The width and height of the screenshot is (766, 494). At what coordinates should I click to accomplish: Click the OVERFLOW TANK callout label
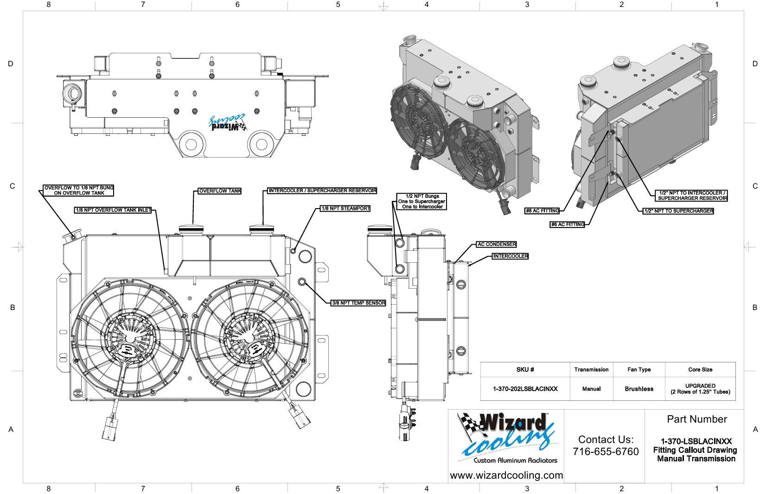click(x=220, y=191)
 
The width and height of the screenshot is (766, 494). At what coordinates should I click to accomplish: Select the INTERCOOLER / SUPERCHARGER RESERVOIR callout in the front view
click(x=322, y=190)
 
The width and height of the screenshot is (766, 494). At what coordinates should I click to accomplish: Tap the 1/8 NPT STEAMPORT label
click(x=345, y=209)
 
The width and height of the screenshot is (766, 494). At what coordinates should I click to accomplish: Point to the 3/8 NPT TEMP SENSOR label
click(x=358, y=303)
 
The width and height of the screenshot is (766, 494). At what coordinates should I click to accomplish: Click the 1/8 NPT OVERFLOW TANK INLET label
click(x=113, y=210)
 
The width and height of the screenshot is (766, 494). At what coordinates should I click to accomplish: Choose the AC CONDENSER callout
click(x=497, y=244)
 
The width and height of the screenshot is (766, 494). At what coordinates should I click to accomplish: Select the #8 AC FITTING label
click(x=542, y=211)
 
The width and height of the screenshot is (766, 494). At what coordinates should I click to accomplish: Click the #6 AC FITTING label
click(x=568, y=224)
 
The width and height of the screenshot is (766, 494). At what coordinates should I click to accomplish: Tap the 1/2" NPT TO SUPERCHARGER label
click(x=679, y=211)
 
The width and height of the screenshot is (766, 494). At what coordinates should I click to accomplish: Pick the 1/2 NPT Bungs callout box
click(x=422, y=202)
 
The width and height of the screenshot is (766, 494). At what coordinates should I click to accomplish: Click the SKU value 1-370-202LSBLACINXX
click(x=525, y=389)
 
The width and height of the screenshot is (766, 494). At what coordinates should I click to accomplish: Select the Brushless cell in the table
click(x=639, y=389)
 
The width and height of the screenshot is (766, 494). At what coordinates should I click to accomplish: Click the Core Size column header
click(x=700, y=369)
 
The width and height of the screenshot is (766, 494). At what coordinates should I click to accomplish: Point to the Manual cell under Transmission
click(x=591, y=389)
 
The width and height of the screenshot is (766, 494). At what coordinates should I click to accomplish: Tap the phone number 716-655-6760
click(x=606, y=451)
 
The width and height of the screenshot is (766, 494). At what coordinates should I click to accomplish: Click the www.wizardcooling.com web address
click(x=506, y=475)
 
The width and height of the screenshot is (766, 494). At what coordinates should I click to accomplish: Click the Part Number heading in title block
click(x=697, y=419)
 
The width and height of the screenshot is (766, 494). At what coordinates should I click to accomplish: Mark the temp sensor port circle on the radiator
click(x=302, y=281)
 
